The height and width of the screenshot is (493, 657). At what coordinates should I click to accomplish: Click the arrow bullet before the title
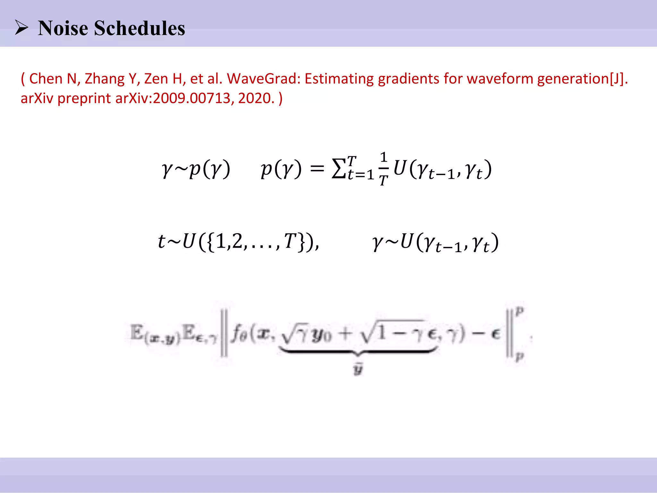click(21, 28)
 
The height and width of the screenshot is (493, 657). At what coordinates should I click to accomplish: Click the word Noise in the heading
click(63, 28)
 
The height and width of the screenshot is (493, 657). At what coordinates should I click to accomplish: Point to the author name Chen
click(46, 79)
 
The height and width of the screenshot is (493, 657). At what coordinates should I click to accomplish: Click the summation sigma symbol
click(339, 169)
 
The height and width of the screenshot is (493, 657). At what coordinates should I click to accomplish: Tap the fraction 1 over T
click(384, 169)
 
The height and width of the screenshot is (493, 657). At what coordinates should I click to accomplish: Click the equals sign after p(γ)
click(317, 169)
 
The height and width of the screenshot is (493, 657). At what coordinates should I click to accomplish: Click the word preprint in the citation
click(84, 98)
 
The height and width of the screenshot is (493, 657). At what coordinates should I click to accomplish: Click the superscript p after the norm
click(520, 310)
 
